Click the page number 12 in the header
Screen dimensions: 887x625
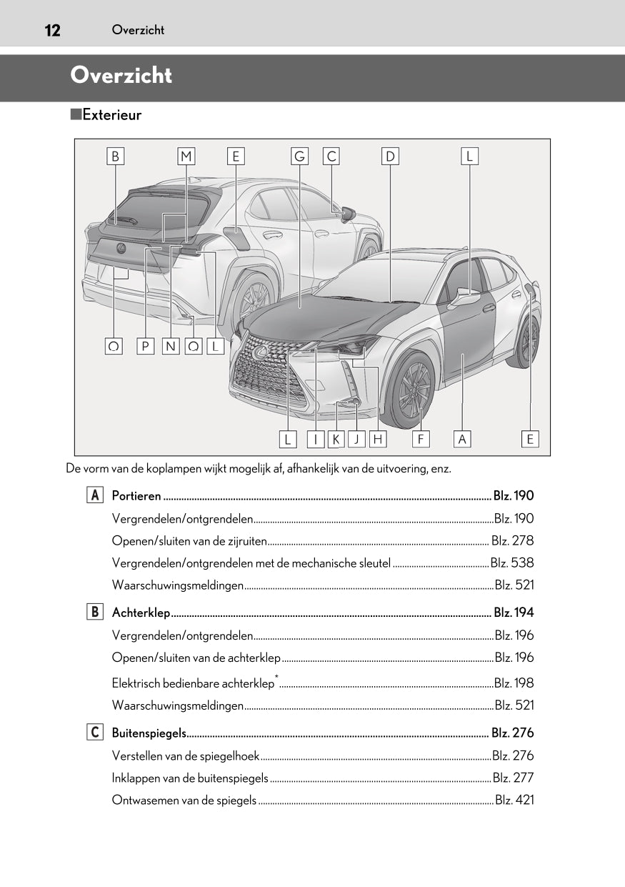[51, 30]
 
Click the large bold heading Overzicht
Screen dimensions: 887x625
[121, 75]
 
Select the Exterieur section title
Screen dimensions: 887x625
[111, 115]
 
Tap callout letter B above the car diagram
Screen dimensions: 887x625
[115, 157]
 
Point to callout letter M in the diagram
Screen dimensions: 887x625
[186, 157]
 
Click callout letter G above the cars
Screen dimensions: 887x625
[299, 157]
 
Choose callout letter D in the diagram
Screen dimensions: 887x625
[390, 157]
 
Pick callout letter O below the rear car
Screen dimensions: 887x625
[114, 347]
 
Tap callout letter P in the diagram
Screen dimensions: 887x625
[145, 347]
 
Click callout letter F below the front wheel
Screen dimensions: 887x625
[421, 439]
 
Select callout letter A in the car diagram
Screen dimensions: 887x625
[462, 439]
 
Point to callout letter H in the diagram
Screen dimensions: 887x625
[378, 439]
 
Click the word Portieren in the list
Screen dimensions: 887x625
[136, 496]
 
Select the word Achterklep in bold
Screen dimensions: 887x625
[141, 613]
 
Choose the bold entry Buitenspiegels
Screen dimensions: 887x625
[149, 733]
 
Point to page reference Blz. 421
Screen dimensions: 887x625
[514, 800]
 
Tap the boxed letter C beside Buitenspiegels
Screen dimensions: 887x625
[94, 733]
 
